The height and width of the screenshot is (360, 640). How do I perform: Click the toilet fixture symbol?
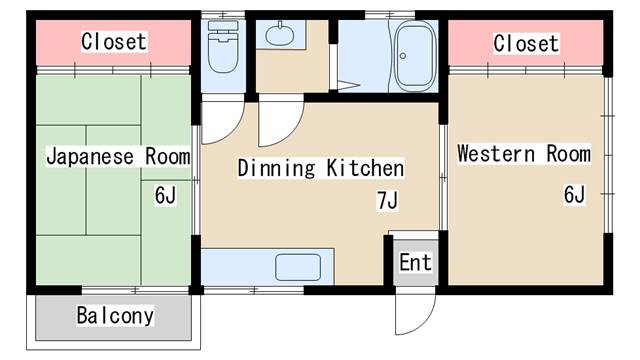coord(223,47)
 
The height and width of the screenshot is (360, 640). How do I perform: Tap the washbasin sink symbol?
coord(280,34)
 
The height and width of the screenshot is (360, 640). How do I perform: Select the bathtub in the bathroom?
coord(415,56)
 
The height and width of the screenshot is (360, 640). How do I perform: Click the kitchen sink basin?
coord(298,267)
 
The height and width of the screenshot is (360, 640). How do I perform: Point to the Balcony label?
coord(115,316)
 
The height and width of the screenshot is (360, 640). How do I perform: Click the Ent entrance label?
coord(415,262)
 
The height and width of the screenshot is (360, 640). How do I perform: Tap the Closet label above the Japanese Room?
coord(113,42)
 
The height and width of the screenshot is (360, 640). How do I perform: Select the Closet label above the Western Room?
coord(526,43)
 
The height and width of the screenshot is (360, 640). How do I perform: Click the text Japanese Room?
coord(118,157)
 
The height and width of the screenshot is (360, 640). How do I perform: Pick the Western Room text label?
coord(524,154)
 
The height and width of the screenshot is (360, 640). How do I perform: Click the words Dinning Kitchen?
coord(321,168)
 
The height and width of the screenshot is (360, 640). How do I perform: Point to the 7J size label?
coord(387,200)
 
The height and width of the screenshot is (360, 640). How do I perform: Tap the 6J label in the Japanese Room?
coord(165,195)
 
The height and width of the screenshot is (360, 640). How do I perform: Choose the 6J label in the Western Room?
coord(574,194)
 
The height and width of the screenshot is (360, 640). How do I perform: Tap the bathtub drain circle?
coord(403,56)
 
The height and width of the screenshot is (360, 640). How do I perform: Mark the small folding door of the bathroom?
coord(345,86)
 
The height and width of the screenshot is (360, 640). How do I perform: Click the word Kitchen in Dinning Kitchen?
coord(365,168)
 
